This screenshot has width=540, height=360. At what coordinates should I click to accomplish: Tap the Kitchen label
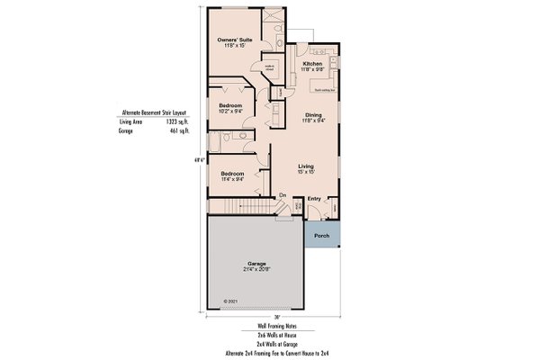[x=312, y=65]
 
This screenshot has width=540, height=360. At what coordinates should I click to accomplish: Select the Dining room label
[x=313, y=114]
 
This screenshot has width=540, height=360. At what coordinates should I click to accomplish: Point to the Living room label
[x=306, y=166]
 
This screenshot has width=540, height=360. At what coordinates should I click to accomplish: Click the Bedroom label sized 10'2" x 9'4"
[x=231, y=105]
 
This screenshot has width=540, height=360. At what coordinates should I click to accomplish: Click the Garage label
[x=257, y=264]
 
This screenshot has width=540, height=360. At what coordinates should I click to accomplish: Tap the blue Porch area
[x=321, y=236]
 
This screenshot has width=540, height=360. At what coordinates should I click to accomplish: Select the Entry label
[x=314, y=199]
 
